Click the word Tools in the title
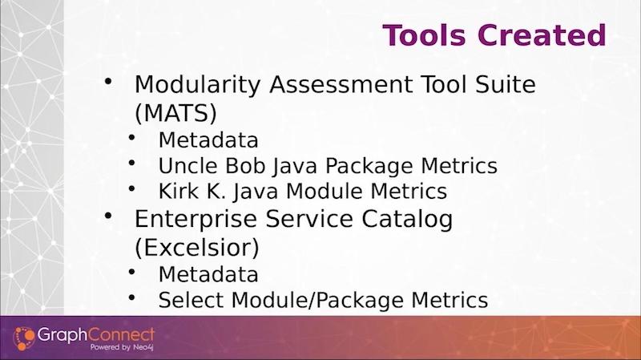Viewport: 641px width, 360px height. pos(424,35)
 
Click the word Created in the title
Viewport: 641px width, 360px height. pos(542,35)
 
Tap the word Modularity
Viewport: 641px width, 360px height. pos(197,85)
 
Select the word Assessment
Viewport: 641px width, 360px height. pos(341,84)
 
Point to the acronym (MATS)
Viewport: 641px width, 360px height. pos(175,113)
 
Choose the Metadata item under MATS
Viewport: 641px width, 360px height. pos(208,140)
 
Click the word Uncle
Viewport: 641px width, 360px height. pos(188,166)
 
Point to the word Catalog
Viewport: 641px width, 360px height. pos(407,219)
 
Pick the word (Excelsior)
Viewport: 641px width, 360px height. pos(197,248)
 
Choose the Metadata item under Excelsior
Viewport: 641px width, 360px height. pos(208,274)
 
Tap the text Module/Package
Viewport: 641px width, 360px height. pos(317,301)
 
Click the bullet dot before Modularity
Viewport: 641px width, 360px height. pos(108,81)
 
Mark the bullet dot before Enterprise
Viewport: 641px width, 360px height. pos(108,216)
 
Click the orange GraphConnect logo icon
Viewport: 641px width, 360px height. pos(24,338)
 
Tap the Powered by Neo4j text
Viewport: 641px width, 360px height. pos(122,347)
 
